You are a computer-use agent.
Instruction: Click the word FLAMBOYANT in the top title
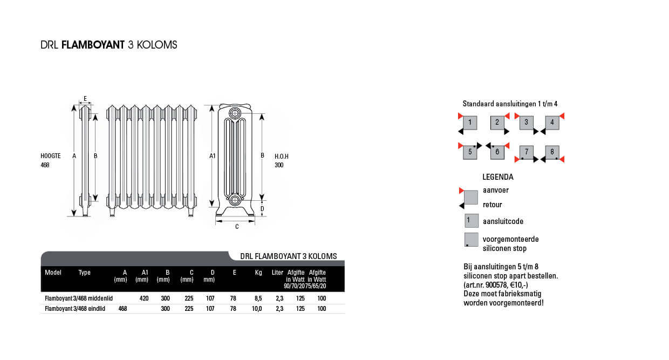point(93,45)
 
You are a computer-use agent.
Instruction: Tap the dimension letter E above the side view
point(85,99)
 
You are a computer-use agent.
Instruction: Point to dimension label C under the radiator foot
point(237,227)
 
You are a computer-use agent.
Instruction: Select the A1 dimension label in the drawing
point(213,155)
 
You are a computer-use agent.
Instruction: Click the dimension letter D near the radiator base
point(262,208)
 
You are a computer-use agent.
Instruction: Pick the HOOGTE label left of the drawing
point(51,156)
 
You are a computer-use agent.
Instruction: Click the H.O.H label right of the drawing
point(282,156)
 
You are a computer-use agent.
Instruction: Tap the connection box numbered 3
point(526,123)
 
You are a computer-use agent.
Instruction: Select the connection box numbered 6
point(497,152)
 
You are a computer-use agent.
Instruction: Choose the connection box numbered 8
point(552,152)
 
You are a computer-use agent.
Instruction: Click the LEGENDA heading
point(498,177)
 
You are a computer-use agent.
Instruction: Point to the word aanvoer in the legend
point(496,190)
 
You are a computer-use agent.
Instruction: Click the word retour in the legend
point(492,205)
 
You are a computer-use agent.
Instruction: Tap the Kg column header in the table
point(258,273)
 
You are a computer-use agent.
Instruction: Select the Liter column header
point(277,273)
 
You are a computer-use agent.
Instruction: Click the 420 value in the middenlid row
point(144,298)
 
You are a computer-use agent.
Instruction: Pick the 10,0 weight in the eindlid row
point(257,309)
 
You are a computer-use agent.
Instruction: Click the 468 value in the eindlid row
point(123,309)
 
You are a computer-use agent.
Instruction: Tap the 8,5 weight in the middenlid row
point(258,298)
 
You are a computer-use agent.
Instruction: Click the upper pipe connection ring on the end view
point(235,113)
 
